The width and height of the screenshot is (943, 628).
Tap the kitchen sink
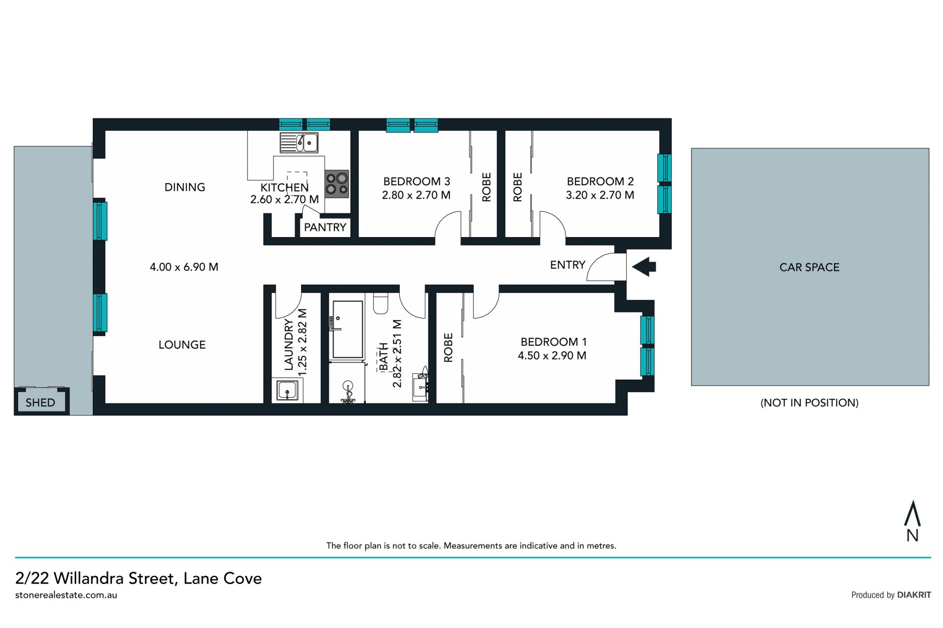click(299, 142)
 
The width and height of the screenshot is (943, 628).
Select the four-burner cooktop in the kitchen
click(336, 184)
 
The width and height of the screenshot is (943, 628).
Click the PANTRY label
click(325, 227)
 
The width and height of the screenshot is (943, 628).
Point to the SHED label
click(40, 403)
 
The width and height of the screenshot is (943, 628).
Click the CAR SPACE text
click(809, 268)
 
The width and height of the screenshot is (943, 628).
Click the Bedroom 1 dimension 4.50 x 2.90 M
click(552, 355)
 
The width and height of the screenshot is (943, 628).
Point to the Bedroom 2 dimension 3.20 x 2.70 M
click(600, 195)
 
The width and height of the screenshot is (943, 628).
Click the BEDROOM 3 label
click(416, 181)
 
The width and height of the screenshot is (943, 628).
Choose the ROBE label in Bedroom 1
click(448, 348)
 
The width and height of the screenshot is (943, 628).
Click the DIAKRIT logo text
click(914, 595)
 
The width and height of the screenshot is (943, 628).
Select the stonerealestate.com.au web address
click(66, 595)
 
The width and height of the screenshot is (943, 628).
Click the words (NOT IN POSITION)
click(809, 403)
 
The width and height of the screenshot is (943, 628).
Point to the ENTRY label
click(568, 265)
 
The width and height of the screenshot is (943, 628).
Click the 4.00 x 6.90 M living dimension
click(184, 267)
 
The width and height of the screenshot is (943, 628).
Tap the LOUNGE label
click(182, 345)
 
